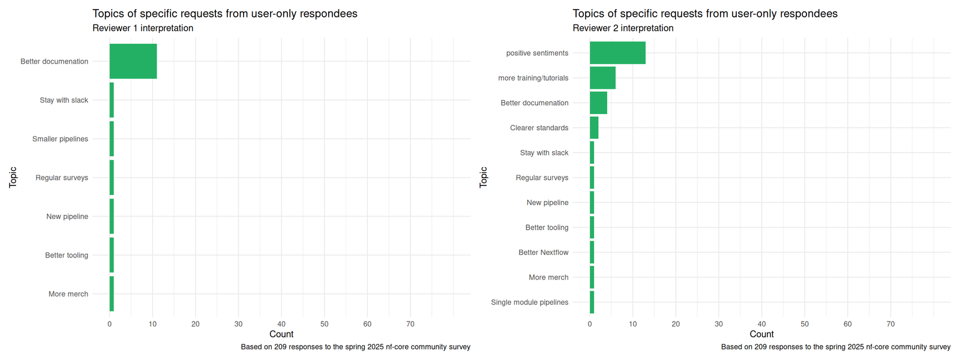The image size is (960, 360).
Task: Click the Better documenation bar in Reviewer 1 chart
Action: point(133,61)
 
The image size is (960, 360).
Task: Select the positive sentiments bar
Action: point(617,53)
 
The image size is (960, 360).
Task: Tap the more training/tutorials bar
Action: point(602,78)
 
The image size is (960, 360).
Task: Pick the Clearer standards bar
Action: point(594,128)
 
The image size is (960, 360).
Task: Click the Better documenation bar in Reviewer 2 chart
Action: point(598,103)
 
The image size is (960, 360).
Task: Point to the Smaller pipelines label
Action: point(60,139)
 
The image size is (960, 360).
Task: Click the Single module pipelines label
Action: point(529,302)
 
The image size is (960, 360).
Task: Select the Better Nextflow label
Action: point(543,253)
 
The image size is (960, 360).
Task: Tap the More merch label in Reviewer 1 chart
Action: point(68,294)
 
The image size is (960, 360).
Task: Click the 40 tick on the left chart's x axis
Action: point(281,324)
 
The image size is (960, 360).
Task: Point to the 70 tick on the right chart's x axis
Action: point(890,324)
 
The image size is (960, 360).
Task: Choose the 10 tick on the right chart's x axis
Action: point(633,324)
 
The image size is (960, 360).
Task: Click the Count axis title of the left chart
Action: point(281,334)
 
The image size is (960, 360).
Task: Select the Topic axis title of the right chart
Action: point(484,177)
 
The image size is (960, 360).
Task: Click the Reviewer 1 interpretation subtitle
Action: point(143,28)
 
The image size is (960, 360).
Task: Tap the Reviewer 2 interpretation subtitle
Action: point(623,28)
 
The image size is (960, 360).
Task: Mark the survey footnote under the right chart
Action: point(836,347)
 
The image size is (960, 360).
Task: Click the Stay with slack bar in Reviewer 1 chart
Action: point(112,100)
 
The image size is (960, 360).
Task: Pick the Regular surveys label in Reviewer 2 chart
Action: point(542,178)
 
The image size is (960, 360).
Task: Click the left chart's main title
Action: point(224,13)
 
